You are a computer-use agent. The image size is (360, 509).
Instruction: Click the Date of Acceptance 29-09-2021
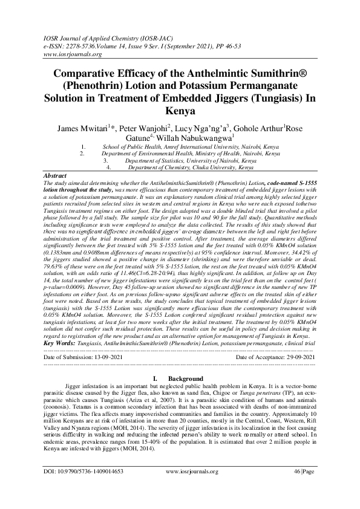(x=275, y=358)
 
